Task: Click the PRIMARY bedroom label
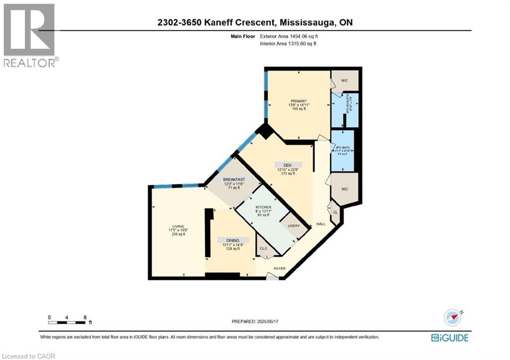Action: click(299, 101)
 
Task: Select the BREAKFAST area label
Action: click(233, 180)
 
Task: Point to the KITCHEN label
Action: click(263, 207)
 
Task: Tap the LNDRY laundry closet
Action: click(293, 225)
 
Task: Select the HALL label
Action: click(321, 224)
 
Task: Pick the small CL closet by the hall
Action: click(335, 213)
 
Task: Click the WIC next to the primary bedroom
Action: click(344, 81)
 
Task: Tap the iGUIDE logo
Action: click(450, 338)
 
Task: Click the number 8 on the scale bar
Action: click(85, 317)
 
